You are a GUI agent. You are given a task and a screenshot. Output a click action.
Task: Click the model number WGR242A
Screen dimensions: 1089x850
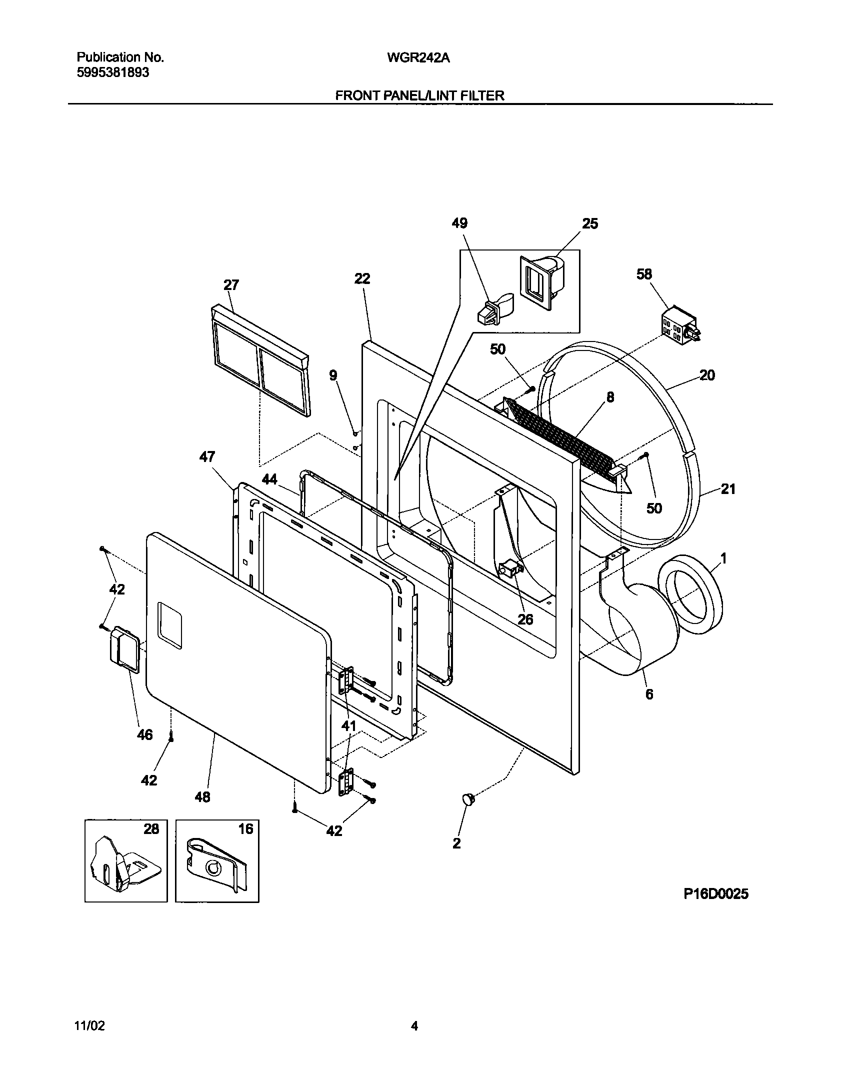pos(418,58)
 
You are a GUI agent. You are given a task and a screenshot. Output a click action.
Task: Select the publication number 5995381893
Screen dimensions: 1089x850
pos(113,73)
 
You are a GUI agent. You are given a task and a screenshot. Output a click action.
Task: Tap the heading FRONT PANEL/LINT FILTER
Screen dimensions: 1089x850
pos(419,95)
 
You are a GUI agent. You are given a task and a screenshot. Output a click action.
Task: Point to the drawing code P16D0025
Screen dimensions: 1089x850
pos(716,894)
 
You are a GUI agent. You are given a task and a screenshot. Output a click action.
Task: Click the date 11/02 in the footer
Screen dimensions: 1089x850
pos(90,1026)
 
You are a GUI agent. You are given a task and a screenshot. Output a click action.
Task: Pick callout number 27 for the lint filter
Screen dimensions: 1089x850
pos(231,285)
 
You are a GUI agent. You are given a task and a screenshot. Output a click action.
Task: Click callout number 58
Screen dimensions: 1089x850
pos(644,274)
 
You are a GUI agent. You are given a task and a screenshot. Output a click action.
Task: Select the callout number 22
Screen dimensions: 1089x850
pos(362,278)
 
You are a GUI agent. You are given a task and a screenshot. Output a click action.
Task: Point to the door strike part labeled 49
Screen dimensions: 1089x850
pos(492,310)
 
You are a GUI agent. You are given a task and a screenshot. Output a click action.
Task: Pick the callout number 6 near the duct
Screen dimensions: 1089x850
pos(649,694)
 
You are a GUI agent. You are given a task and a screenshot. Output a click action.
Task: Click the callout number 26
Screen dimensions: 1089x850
pos(525,619)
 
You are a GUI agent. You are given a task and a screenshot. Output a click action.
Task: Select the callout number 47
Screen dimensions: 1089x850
pos(207,456)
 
